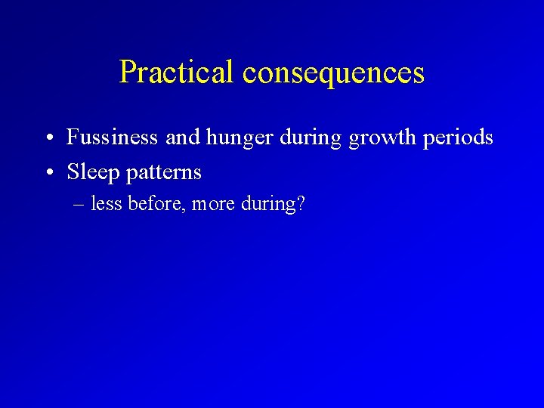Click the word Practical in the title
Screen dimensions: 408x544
point(178,73)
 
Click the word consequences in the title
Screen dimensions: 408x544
point(333,73)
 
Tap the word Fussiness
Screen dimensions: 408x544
point(113,138)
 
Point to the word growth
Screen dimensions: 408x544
point(376,138)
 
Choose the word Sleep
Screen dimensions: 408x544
point(94,172)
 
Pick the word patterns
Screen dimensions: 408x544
point(163,173)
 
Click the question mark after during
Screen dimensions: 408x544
point(300,204)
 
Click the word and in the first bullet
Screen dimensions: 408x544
point(179,138)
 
